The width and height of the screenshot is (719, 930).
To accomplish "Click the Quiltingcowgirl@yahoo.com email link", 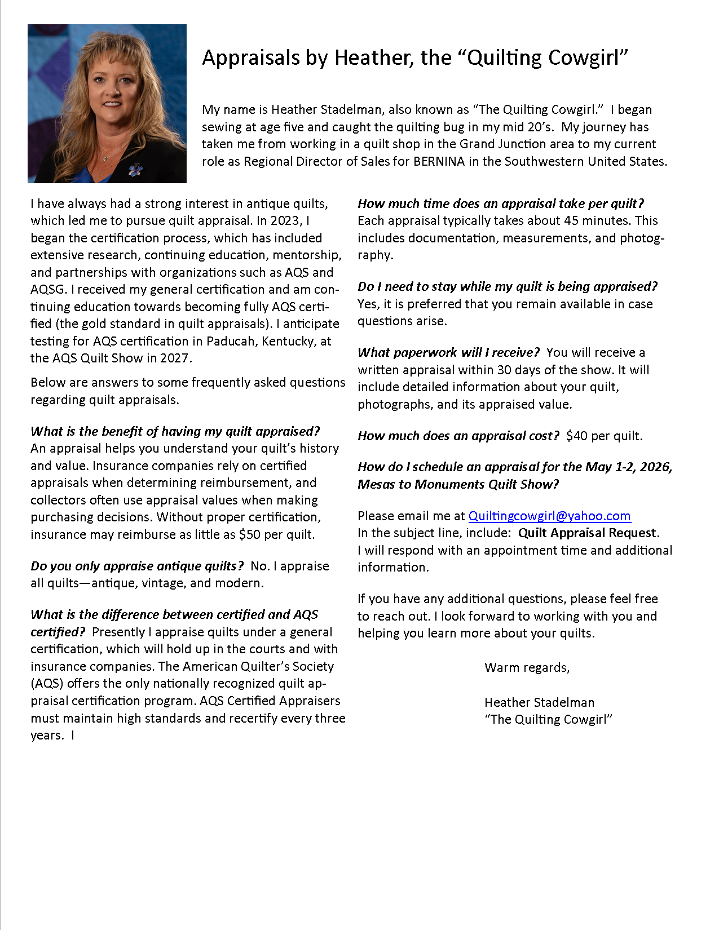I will pyautogui.click(x=549, y=516).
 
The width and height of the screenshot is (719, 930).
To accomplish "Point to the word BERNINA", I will pyautogui.click(x=439, y=161).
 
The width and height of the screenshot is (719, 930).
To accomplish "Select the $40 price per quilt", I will pyautogui.click(x=576, y=436).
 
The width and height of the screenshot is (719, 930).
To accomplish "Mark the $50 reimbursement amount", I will pyautogui.click(x=250, y=534).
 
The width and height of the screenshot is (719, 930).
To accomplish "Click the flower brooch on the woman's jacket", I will pyautogui.click(x=135, y=169).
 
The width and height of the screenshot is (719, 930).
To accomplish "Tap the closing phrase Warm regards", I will pyautogui.click(x=527, y=667).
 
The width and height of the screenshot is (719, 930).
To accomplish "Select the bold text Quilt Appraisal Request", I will pyautogui.click(x=587, y=533).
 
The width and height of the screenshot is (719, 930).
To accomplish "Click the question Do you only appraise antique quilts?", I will pyautogui.click(x=137, y=566).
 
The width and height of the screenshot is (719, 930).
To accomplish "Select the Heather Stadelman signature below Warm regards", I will pyautogui.click(x=539, y=702).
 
